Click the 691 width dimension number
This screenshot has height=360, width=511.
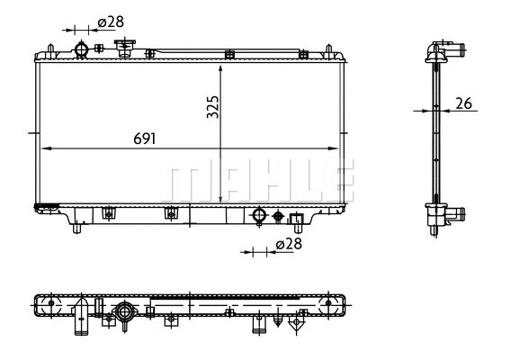click(x=145, y=139)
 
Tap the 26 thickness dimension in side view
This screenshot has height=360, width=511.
click(x=464, y=103)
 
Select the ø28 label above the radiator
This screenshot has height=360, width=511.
click(x=110, y=22)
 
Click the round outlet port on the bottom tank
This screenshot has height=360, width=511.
click(x=259, y=216)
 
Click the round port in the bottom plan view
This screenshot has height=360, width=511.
click(x=122, y=313)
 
